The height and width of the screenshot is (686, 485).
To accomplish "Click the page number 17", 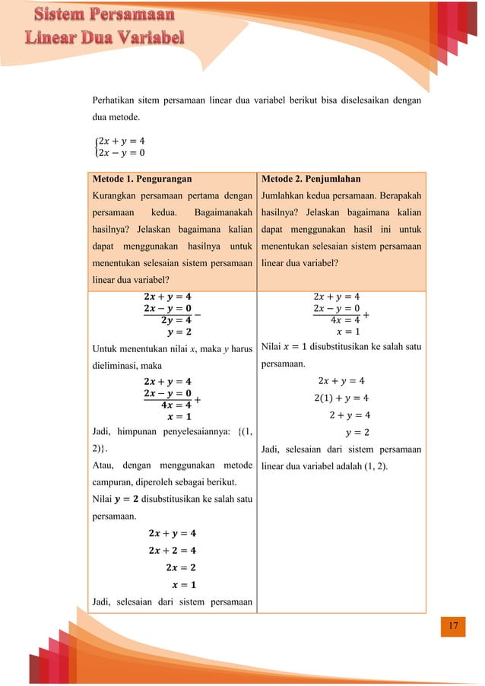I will coord(454,626).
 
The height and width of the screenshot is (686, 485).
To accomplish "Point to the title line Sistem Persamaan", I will coord(106,14).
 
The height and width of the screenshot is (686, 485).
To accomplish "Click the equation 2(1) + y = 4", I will coord(341,398).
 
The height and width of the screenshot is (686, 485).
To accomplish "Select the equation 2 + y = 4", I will coord(350,415).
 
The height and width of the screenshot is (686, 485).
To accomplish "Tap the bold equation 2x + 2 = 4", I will coord(173,550).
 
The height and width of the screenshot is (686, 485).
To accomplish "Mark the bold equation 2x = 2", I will coord(180,567).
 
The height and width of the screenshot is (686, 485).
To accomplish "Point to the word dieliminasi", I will coord(117,365).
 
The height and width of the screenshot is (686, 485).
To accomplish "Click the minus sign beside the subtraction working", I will coord(198,314).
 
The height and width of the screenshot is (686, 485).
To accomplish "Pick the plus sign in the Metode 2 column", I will coord(367,314).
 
